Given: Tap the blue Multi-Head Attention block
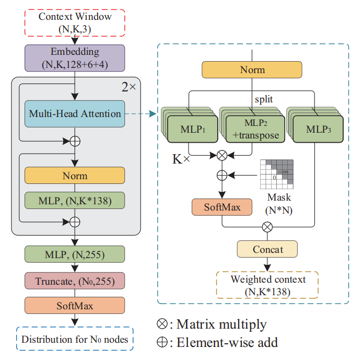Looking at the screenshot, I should (75, 114).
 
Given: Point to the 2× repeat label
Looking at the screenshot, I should (128, 87).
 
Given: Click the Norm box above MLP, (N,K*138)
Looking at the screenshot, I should (75, 176).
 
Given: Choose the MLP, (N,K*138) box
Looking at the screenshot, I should (75, 200).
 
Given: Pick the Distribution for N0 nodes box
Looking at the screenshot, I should (75, 340).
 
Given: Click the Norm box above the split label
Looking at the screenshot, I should (252, 69).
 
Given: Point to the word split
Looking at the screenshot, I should (264, 98).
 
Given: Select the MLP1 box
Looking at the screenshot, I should (190, 128).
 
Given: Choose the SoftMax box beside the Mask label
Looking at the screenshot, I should (223, 207).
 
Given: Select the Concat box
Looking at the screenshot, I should (267, 249).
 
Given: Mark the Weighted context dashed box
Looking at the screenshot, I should (267, 285).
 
